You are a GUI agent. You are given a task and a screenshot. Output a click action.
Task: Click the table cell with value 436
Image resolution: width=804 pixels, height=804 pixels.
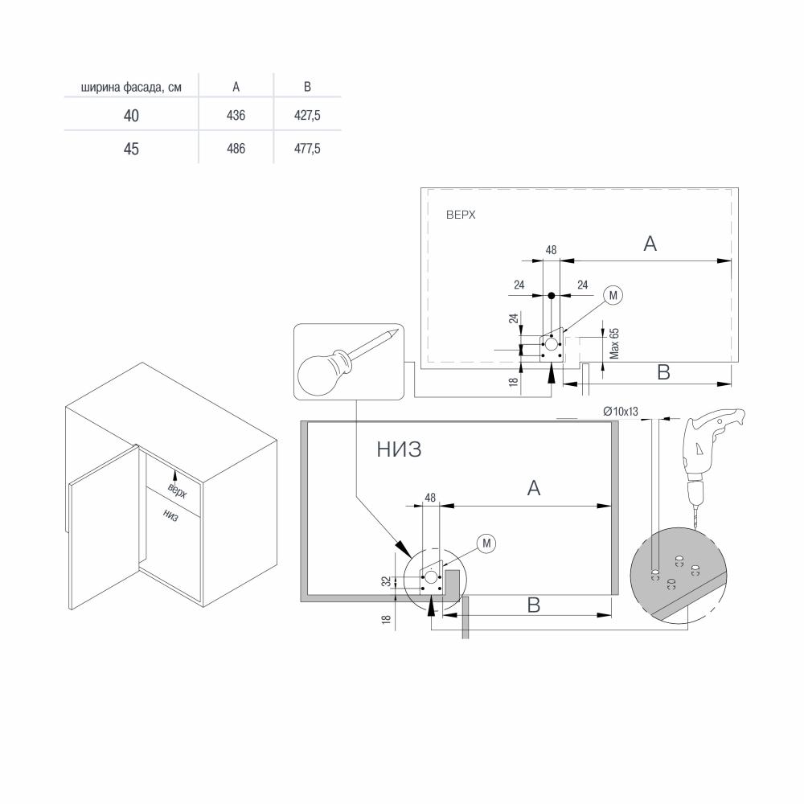(x=236, y=115)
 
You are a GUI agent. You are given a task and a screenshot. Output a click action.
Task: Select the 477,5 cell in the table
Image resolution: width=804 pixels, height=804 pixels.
(x=307, y=149)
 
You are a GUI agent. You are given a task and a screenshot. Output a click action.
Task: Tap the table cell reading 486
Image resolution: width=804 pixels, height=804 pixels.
(x=236, y=149)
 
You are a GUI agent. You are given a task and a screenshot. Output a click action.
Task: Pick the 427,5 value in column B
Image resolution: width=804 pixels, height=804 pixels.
(x=307, y=115)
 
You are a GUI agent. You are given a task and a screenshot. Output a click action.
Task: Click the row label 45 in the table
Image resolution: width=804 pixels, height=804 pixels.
(x=131, y=149)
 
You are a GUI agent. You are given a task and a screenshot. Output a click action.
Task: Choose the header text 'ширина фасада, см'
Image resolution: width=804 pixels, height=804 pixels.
(x=131, y=87)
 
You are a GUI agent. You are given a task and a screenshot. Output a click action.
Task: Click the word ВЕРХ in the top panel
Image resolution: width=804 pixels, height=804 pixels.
(x=461, y=215)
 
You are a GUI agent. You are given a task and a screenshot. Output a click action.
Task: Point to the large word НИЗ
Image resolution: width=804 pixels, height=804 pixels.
(x=399, y=449)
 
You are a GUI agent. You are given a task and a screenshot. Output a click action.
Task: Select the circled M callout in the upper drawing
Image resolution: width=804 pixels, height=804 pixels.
(x=613, y=295)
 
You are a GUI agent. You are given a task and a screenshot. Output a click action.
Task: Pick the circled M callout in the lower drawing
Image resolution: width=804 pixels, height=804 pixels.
(x=486, y=543)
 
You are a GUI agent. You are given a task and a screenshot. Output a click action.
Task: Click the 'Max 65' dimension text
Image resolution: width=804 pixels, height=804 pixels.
(x=614, y=343)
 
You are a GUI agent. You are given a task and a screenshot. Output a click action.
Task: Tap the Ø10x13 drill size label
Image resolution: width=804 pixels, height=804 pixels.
(x=621, y=411)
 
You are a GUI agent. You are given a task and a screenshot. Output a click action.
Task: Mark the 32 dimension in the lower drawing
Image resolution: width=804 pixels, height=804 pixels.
(x=387, y=581)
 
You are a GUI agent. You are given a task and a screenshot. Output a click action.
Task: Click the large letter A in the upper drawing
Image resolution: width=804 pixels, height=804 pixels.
(x=650, y=244)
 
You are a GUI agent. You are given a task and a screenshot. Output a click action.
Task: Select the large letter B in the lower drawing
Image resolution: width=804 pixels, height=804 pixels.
(x=534, y=605)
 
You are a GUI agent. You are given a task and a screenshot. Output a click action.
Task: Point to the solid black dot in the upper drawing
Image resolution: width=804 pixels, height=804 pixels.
(x=552, y=296)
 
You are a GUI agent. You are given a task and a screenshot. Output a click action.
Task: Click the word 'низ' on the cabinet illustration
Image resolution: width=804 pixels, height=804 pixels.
(x=170, y=515)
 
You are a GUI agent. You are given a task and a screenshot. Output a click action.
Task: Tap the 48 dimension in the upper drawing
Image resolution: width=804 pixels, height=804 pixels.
(x=551, y=250)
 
